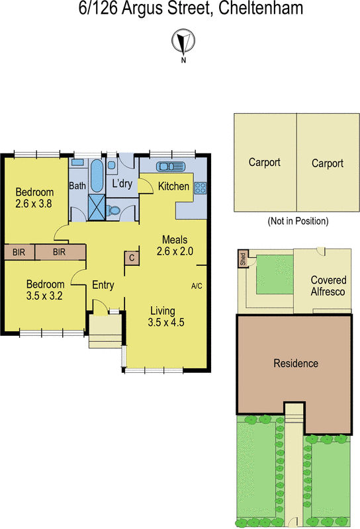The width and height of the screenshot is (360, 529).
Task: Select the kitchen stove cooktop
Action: (x=201, y=186)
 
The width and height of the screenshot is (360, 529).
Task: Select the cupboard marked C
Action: (x=132, y=258)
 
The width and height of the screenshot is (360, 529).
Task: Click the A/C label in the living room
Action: (x=197, y=286)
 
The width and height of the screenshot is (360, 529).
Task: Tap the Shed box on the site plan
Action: (x=242, y=259)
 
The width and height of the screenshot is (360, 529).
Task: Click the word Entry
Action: (x=103, y=286)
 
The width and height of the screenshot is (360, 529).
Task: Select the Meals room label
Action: (x=175, y=239)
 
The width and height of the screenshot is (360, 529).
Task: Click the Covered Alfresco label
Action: (x=328, y=286)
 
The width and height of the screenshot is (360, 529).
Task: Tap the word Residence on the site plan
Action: (x=296, y=363)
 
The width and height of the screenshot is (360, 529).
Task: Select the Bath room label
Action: (x=77, y=186)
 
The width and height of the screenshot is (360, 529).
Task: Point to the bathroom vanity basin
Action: (x=77, y=162)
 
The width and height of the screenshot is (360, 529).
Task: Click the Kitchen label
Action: (x=173, y=186)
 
